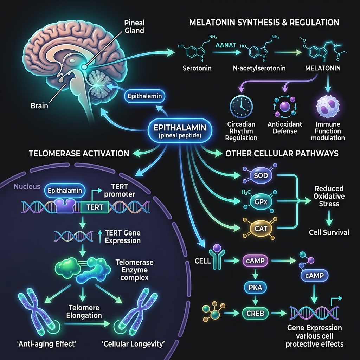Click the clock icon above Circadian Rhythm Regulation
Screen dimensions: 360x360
click(x=241, y=107)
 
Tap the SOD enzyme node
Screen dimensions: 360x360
click(x=261, y=176)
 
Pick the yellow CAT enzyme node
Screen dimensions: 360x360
click(x=261, y=228)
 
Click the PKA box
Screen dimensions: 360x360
click(x=255, y=287)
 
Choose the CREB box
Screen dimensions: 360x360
click(x=255, y=313)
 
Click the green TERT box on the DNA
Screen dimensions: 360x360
click(x=95, y=207)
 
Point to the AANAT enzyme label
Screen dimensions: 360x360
click(x=226, y=45)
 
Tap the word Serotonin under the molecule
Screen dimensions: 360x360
click(x=197, y=68)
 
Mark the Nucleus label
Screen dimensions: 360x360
click(x=27, y=186)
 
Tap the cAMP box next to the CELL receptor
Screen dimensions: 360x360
click(x=255, y=261)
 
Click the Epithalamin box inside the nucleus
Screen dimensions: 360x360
click(x=65, y=191)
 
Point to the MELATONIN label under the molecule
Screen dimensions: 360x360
click(x=323, y=68)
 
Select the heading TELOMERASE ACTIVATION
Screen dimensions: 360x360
click(x=79, y=153)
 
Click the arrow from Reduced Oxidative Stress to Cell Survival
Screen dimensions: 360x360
click(x=329, y=218)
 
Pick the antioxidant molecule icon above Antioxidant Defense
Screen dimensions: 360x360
click(x=285, y=107)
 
